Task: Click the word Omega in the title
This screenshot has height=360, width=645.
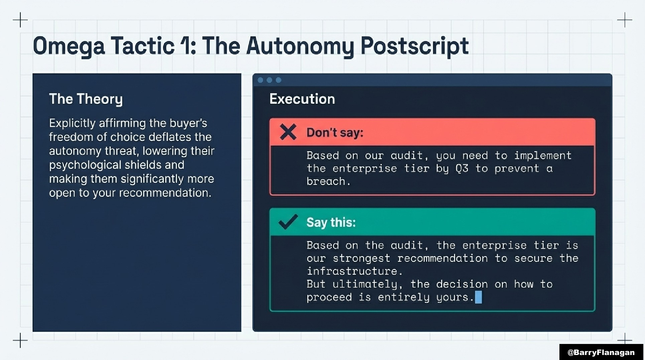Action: (69, 46)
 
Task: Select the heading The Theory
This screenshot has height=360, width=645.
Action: (86, 99)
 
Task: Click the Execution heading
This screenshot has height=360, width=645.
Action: (302, 99)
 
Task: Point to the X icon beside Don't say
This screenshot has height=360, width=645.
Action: (288, 132)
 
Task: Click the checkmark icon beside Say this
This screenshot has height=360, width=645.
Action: (288, 222)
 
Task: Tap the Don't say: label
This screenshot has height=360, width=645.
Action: (335, 133)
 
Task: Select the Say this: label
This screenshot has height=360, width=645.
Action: (331, 223)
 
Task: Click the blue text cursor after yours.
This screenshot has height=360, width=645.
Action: (479, 297)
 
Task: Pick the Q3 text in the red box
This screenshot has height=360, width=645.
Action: (462, 168)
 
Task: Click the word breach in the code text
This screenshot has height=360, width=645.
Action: (326, 182)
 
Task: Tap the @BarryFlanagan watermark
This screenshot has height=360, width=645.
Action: (601, 352)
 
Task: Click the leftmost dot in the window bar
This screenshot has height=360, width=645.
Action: (260, 80)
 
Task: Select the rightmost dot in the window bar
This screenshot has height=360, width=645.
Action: (278, 80)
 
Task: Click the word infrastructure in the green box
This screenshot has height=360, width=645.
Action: (352, 271)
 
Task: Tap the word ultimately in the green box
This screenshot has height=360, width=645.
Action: (365, 284)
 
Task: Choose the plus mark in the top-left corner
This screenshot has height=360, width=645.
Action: (20, 20)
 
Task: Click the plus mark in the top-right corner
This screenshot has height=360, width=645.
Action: (625, 20)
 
